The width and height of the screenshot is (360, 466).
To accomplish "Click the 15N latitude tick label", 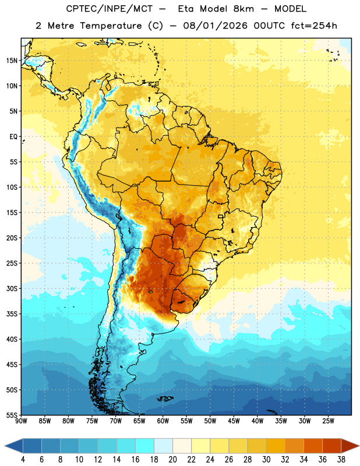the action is (12, 61).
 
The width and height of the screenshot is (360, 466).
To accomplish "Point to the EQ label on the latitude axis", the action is (13, 137).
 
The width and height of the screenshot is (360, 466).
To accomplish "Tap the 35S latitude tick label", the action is (12, 314).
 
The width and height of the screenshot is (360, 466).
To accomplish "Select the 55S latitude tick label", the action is (12, 415).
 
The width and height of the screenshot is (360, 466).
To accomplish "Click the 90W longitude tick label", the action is (22, 421).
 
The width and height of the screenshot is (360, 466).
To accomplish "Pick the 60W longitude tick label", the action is (163, 421).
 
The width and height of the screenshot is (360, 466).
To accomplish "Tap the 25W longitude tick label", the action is (328, 421).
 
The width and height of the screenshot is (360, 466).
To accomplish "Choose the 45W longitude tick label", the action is (234, 421).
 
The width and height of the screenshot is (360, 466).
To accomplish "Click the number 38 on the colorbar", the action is (341, 460).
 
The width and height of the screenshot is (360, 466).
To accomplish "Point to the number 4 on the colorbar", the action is (23, 460).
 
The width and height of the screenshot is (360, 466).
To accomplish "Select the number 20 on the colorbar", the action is (172, 460).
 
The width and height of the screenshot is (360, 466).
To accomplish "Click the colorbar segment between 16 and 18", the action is (145, 446).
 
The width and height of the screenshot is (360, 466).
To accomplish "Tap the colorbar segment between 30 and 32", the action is (276, 446).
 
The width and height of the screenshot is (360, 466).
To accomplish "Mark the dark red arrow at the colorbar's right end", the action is (349, 446).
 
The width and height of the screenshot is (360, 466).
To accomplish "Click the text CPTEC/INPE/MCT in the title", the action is (110, 9).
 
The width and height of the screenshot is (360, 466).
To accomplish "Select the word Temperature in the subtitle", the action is (111, 26).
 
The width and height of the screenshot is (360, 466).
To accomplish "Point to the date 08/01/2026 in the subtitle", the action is (215, 26).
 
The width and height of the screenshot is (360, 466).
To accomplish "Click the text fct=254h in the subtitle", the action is (314, 26).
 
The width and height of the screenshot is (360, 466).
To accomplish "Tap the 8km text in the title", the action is (243, 9).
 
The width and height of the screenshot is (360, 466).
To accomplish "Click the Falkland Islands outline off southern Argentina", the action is (165, 398).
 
